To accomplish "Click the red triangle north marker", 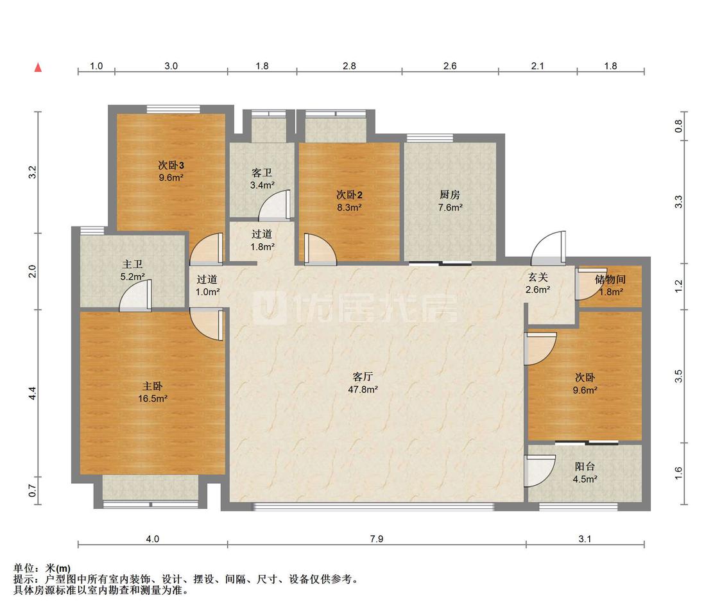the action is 39,67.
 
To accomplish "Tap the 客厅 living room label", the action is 363,377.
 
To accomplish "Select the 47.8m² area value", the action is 363,389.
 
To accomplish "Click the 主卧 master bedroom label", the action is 152,386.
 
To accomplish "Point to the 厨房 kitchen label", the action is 449,194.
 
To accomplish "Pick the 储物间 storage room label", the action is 610,279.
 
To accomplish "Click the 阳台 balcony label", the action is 585,466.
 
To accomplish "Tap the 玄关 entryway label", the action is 537,277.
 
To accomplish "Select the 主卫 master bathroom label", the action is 132,264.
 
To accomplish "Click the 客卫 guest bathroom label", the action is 262,173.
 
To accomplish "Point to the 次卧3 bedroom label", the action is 171,165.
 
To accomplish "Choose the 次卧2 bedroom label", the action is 349,194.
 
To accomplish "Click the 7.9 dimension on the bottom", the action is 377,538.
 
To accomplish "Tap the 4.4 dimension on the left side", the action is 32,393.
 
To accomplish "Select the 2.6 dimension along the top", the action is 450,66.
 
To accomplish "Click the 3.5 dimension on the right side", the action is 678,376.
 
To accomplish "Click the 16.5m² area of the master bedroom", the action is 152,398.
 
